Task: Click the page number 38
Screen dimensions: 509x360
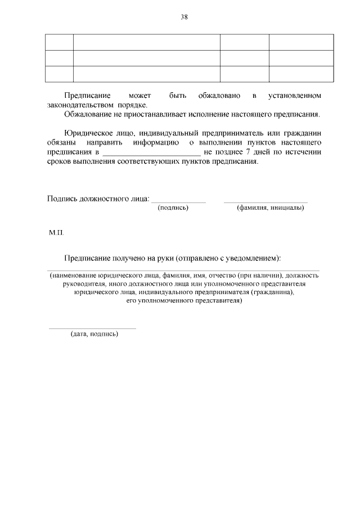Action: pyautogui.click(x=183, y=17)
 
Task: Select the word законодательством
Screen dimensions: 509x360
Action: pyautogui.click(x=80, y=105)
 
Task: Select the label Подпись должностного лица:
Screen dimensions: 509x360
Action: pyautogui.click(x=98, y=199)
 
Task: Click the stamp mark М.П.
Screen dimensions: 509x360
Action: pyautogui.click(x=56, y=233)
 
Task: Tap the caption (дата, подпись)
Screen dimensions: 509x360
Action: pyautogui.click(x=94, y=334)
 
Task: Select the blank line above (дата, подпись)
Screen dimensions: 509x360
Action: pyautogui.click(x=92, y=328)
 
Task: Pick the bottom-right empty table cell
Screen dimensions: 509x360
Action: pyautogui.click(x=303, y=74)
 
